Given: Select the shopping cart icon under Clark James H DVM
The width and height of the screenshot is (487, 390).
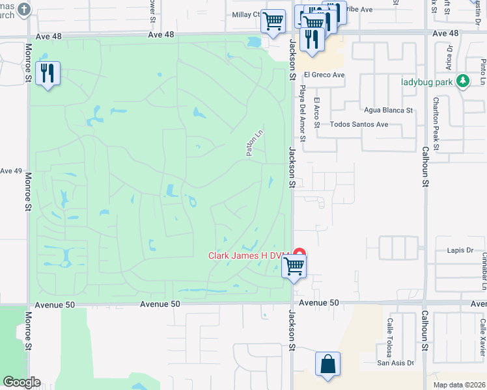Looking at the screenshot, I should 294,266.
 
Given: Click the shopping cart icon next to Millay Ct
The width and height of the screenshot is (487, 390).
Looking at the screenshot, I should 273,21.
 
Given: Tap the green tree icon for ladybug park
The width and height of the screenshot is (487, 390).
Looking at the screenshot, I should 463,81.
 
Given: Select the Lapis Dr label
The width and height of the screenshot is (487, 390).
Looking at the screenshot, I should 460,250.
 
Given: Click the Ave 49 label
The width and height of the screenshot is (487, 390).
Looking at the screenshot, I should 11,171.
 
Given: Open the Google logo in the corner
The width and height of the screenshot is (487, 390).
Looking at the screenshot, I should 21,382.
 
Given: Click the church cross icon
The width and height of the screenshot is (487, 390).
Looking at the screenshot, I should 24,9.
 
